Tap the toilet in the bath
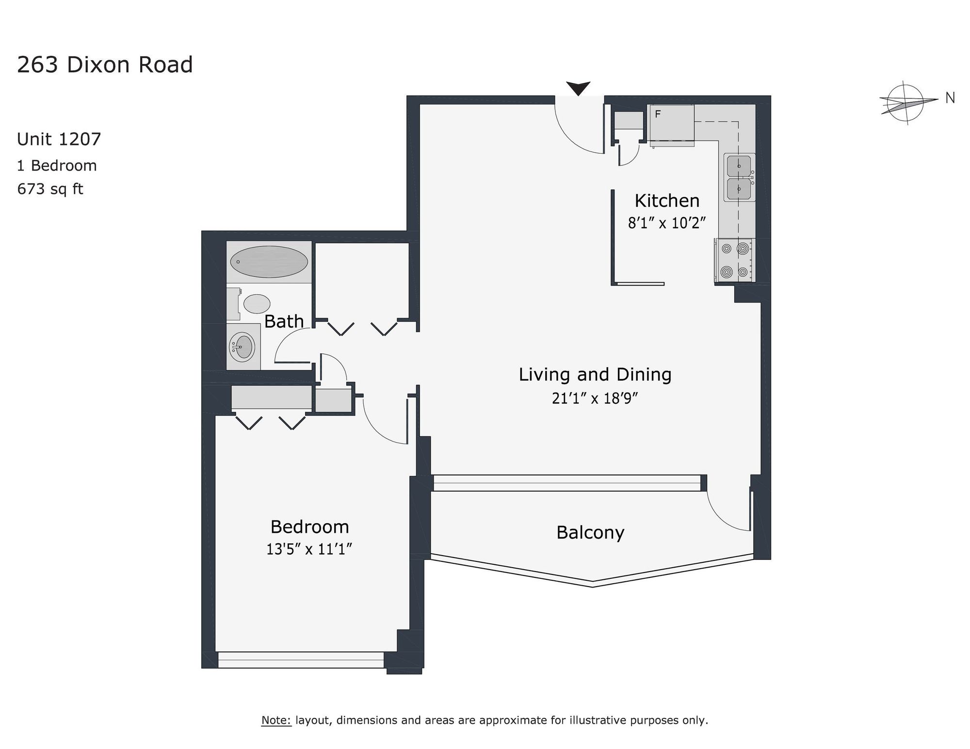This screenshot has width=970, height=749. (249, 304)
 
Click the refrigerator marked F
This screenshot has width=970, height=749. (671, 125)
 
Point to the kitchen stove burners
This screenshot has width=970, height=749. (734, 260)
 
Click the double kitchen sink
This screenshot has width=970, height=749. (739, 177)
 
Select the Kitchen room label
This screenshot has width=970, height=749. (667, 201)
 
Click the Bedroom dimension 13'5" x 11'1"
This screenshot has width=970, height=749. (309, 549)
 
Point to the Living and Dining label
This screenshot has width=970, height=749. (595, 375)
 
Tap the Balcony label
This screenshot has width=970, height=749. (590, 533)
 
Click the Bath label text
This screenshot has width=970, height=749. (284, 321)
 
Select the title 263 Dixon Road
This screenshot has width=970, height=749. (105, 65)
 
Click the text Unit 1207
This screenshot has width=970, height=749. (59, 139)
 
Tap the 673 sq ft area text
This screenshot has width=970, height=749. (50, 189)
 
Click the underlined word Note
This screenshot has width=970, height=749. (276, 720)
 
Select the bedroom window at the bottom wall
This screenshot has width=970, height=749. (301, 660)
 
